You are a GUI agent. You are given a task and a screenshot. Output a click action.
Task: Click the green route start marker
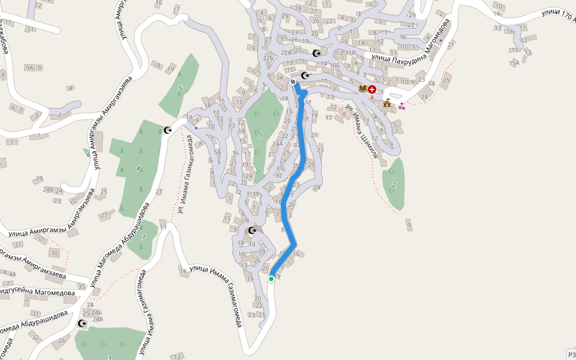tap(271, 278)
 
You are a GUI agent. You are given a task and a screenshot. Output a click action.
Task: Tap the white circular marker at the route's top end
tap(293, 82)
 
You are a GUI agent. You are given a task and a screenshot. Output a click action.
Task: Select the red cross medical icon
tap(372, 89)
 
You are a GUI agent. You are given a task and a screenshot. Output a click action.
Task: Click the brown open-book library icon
tap(362, 89)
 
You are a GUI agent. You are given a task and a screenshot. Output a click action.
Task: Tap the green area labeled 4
tap(139, 168)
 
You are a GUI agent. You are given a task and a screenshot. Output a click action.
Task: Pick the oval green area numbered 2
tap(394, 184)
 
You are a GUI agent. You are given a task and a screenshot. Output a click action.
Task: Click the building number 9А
tap(29, 68)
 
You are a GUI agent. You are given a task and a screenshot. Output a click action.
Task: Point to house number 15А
tap(514, 63)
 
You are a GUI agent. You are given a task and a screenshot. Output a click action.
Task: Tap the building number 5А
tap(218, 152)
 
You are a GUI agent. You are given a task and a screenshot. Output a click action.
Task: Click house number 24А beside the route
tap(277, 144)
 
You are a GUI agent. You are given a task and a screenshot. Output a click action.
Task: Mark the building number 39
tap(256, 194)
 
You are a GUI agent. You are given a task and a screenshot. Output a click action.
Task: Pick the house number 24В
tap(97, 319)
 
